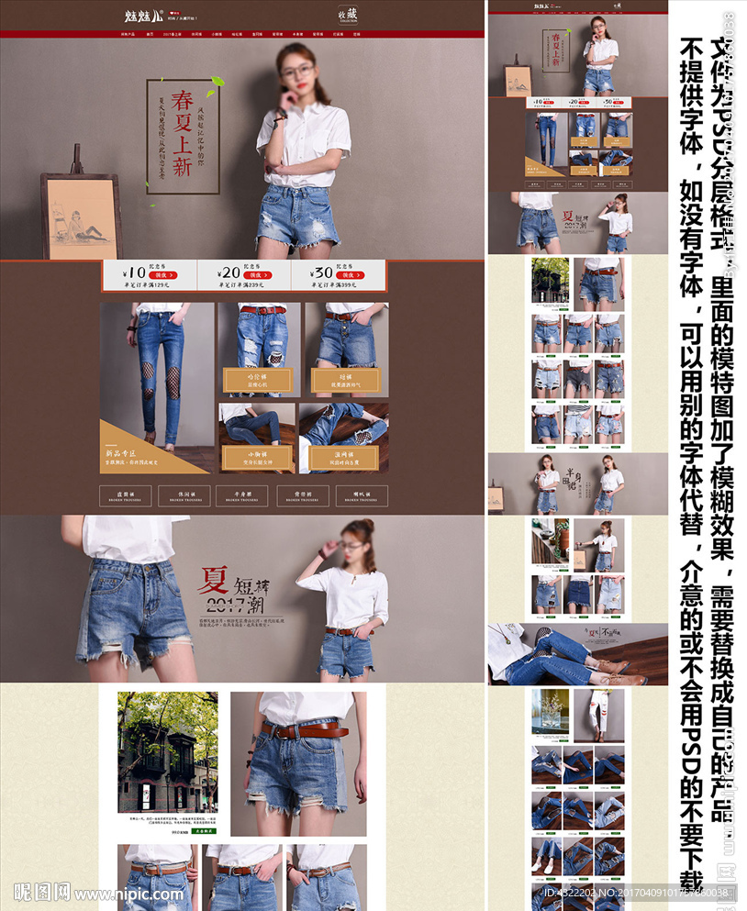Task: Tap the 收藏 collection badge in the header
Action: [346, 15]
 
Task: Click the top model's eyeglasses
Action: [297, 71]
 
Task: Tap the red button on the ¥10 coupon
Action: [164, 274]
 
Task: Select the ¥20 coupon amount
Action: [229, 272]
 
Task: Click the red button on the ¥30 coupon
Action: [349, 274]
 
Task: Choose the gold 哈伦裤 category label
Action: [256, 380]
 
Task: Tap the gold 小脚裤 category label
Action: [256, 456]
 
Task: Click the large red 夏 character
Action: [216, 581]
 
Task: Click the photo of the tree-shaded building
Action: [168, 751]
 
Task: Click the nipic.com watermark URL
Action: [109, 893]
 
